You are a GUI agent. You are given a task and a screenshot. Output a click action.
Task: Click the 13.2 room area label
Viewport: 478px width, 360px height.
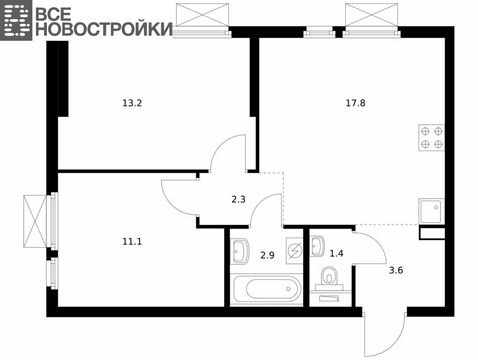tap(132, 104)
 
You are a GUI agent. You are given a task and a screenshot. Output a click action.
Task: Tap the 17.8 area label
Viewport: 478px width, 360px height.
tap(355, 104)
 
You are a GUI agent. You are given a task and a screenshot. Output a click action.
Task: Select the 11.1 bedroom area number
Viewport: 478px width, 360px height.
tap(132, 242)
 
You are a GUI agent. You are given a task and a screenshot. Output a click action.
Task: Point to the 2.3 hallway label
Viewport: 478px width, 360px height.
tap(239, 200)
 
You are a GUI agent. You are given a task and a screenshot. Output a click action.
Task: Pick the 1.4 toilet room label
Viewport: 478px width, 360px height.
tap(336, 254)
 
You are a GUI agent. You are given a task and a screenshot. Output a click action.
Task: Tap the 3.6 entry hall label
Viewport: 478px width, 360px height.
tap(396, 270)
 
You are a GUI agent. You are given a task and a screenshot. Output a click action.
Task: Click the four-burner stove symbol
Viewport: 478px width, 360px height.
tap(432, 138)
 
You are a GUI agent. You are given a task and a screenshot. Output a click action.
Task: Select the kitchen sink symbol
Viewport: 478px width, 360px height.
tap(432, 211)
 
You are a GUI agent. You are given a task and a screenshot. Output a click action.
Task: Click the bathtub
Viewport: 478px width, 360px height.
tap(266, 288)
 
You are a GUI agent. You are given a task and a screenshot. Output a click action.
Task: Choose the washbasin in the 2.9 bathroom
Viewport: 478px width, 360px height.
tap(239, 251)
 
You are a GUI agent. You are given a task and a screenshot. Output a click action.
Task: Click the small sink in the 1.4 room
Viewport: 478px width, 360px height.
tap(317, 247)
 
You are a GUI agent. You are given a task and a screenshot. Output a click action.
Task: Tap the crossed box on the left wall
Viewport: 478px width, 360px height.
tap(36, 221)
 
